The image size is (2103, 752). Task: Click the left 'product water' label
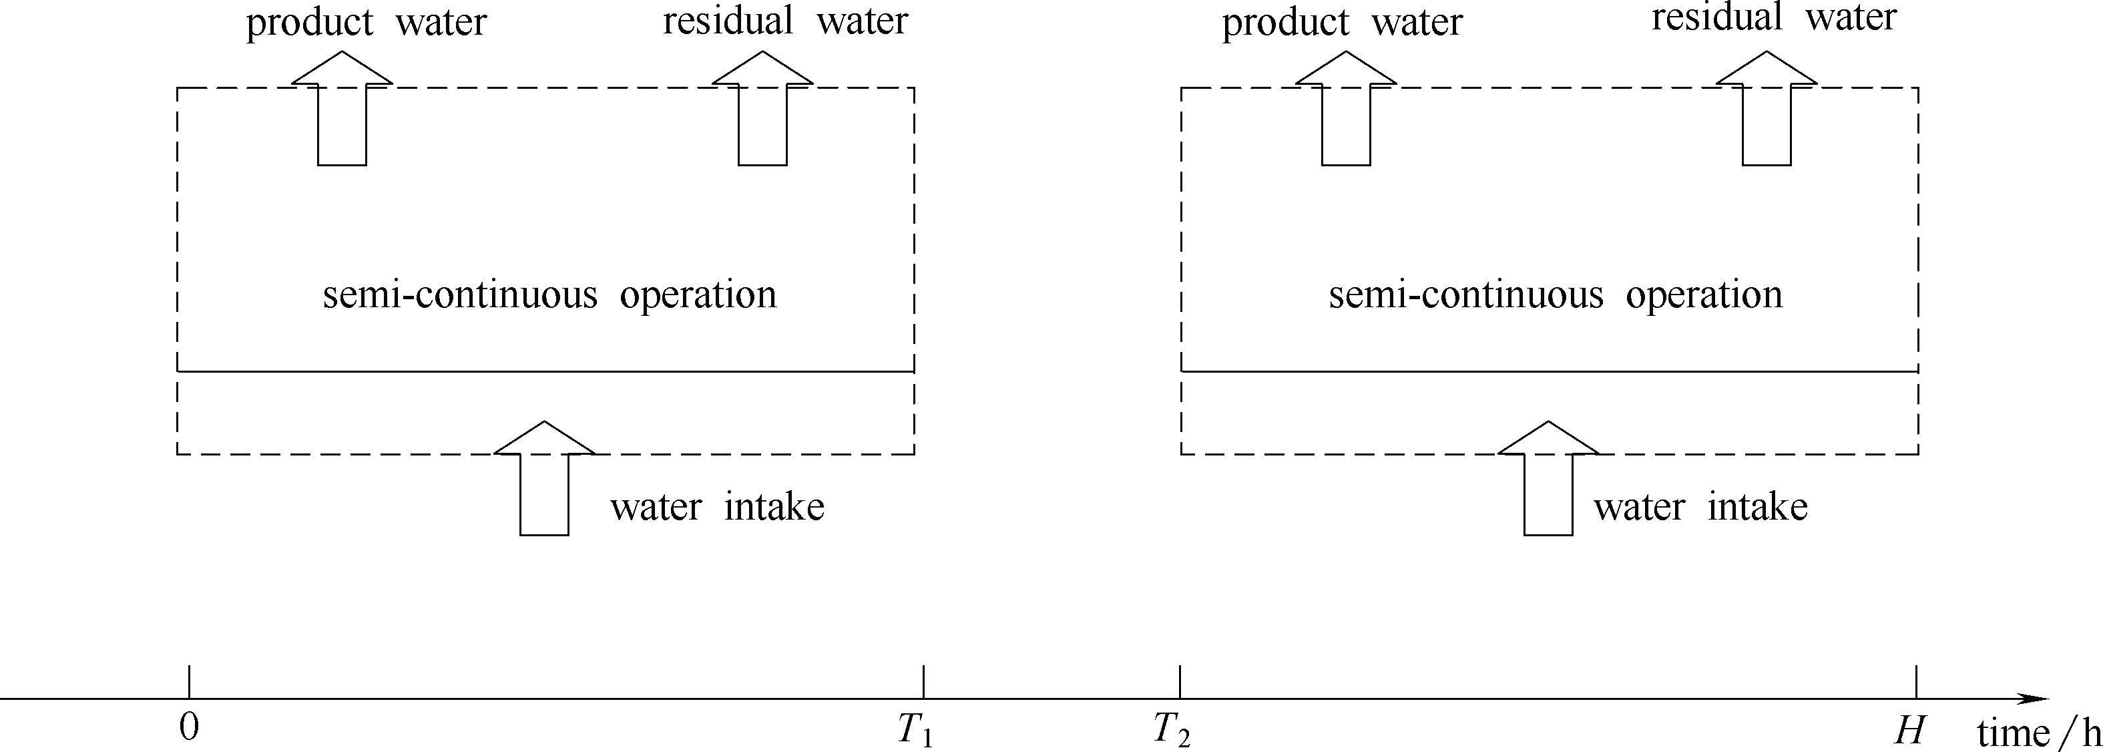pyautogui.click(x=366, y=23)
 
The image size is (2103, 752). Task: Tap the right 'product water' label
pyautogui.click(x=1341, y=23)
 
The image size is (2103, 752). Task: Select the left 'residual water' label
pyautogui.click(x=784, y=21)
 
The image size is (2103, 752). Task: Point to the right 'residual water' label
pyautogui.click(x=1773, y=18)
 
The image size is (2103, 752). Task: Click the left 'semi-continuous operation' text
pyautogui.click(x=549, y=295)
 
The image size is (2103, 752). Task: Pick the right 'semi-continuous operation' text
pyautogui.click(x=1555, y=295)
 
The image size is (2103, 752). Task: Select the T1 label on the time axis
pyautogui.click(x=915, y=730)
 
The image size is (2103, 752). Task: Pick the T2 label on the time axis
pyautogui.click(x=1172, y=730)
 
